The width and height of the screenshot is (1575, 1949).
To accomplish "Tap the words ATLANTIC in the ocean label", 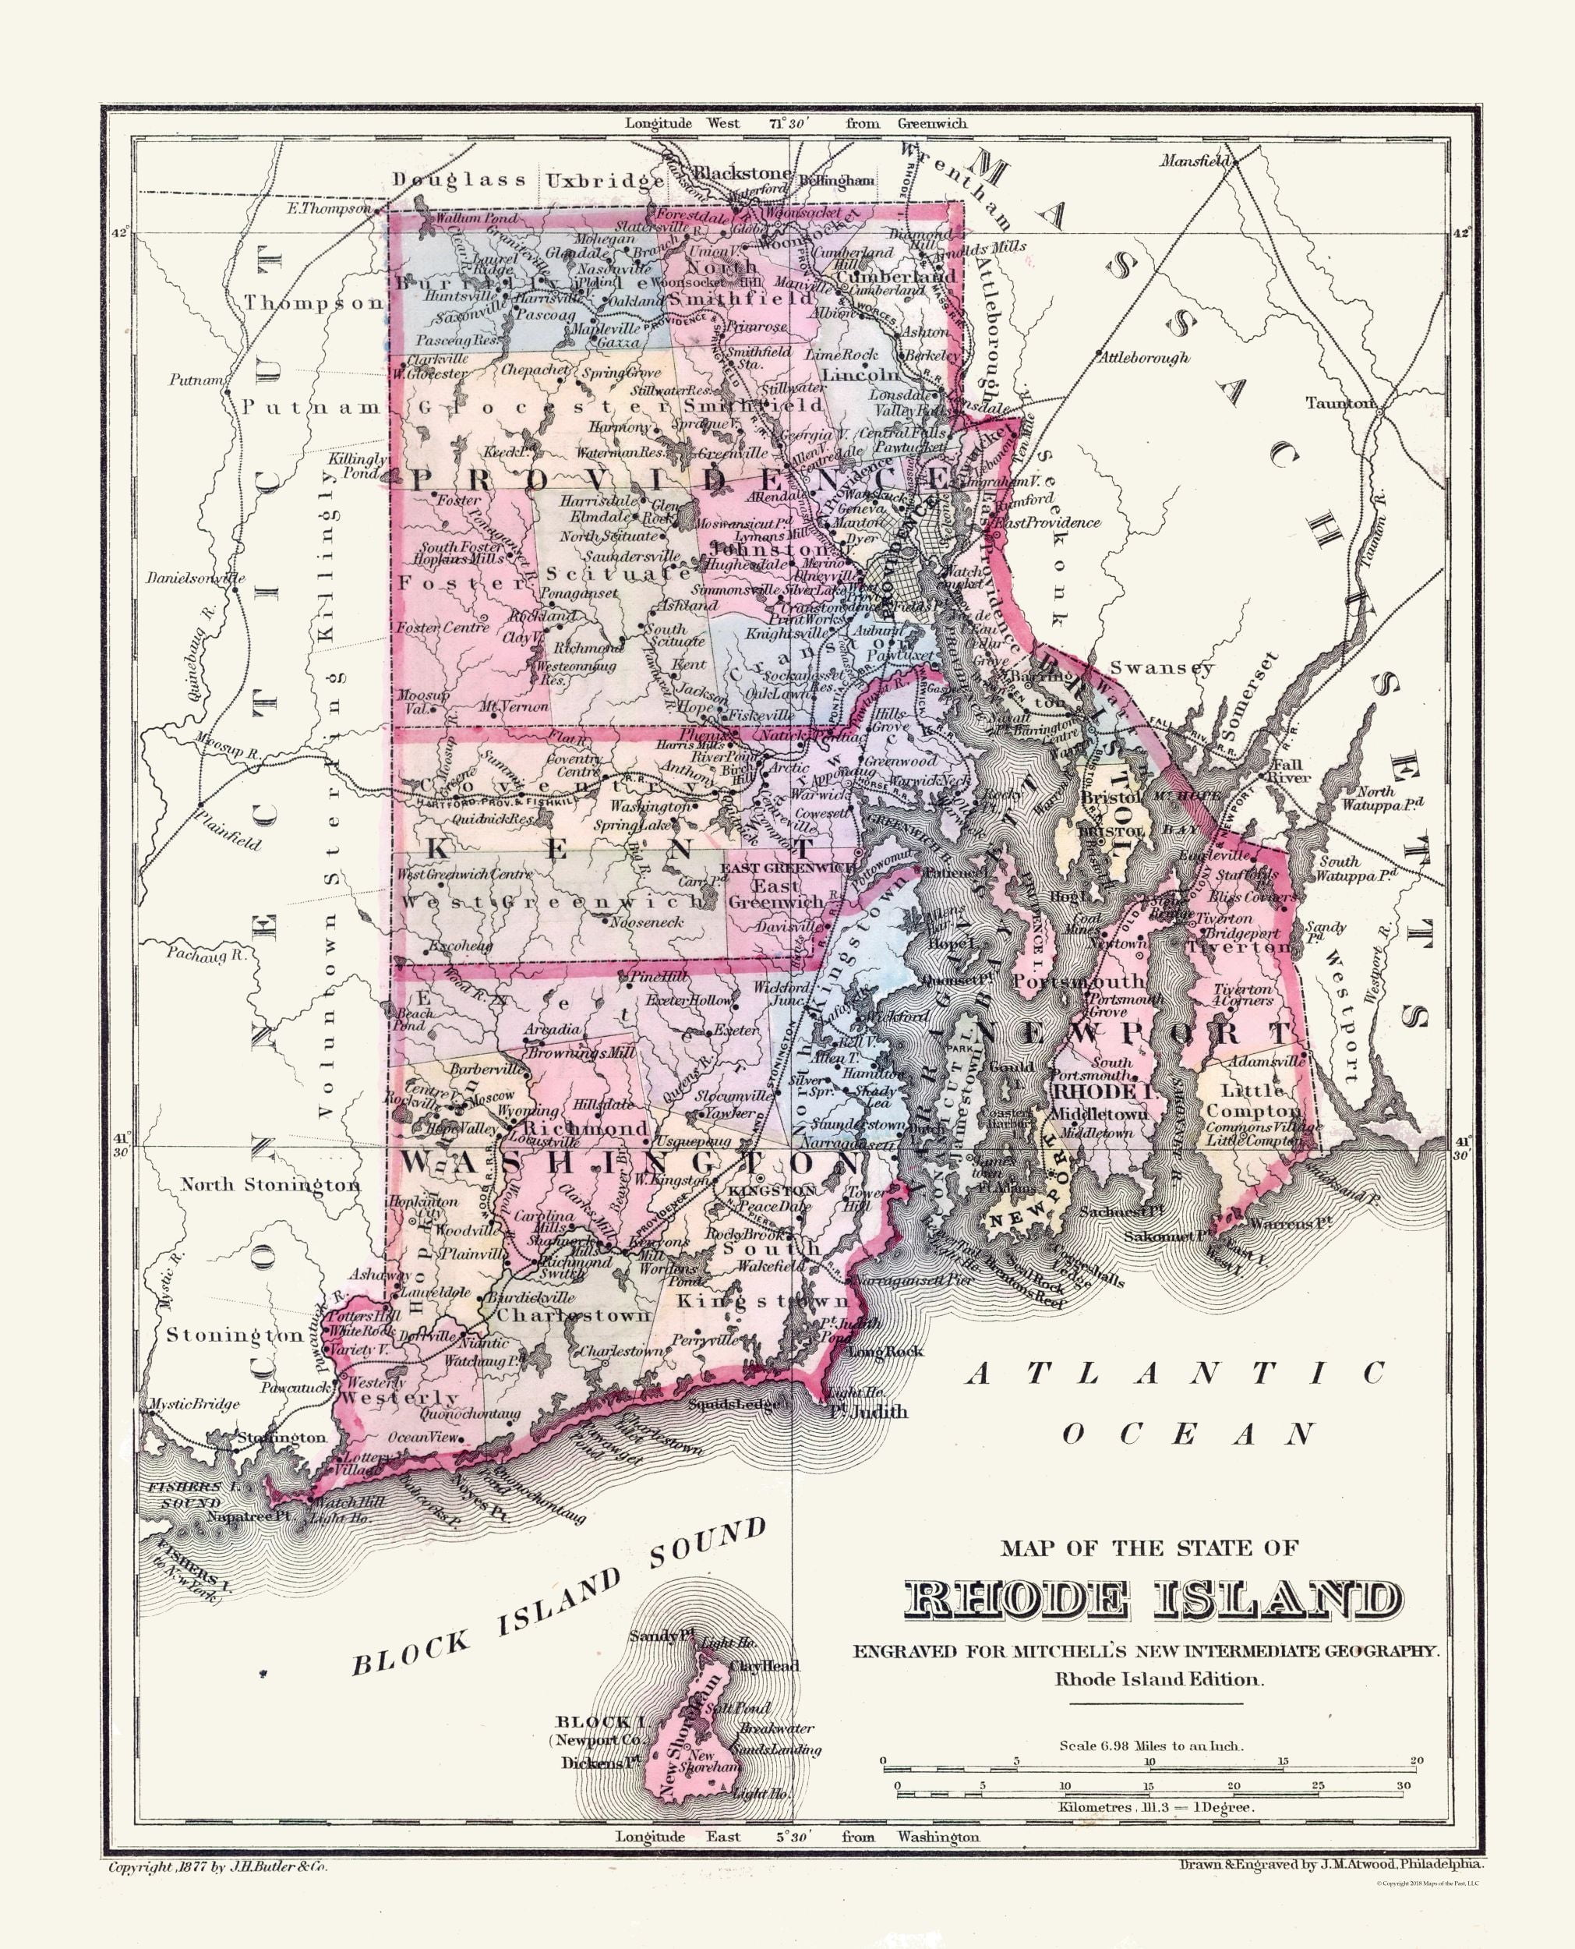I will pos(1175,1374).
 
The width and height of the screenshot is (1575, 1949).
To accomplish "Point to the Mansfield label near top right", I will pos(1195,161).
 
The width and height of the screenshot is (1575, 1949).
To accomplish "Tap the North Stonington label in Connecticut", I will pos(270,1184).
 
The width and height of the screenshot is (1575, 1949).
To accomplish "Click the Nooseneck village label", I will pos(647,921).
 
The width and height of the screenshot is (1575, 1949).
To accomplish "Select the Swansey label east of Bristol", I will pos(1161,668).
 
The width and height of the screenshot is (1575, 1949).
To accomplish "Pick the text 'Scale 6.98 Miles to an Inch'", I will pos(1150,1745).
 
